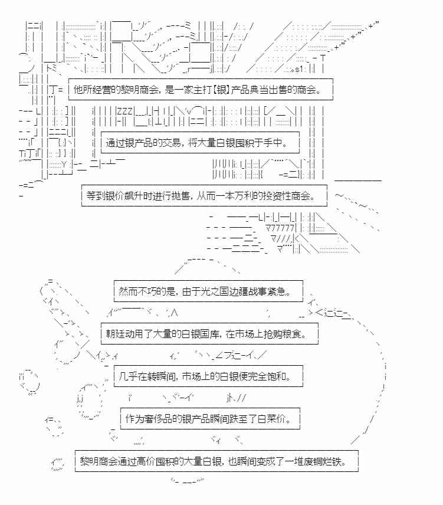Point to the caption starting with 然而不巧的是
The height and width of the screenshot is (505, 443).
tap(208, 291)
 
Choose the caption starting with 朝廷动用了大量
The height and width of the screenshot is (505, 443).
tap(209, 333)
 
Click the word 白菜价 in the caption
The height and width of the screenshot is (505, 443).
tap(278, 418)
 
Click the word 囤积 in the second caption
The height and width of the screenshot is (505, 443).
tap(242, 142)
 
